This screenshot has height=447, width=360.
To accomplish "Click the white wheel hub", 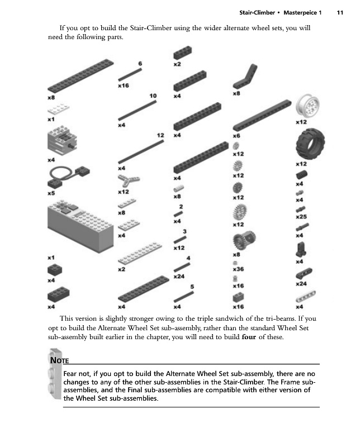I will pyautogui.click(x=306, y=106).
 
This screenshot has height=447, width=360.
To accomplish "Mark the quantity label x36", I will pyautogui.click(x=238, y=269).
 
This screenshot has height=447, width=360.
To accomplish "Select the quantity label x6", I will pyautogui.click(x=236, y=135).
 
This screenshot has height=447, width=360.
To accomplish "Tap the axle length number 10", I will pyautogui.click(x=153, y=96).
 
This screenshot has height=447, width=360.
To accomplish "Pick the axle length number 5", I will pyautogui.click(x=192, y=287).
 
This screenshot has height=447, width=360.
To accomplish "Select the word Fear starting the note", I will pyautogui.click(x=72, y=373).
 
